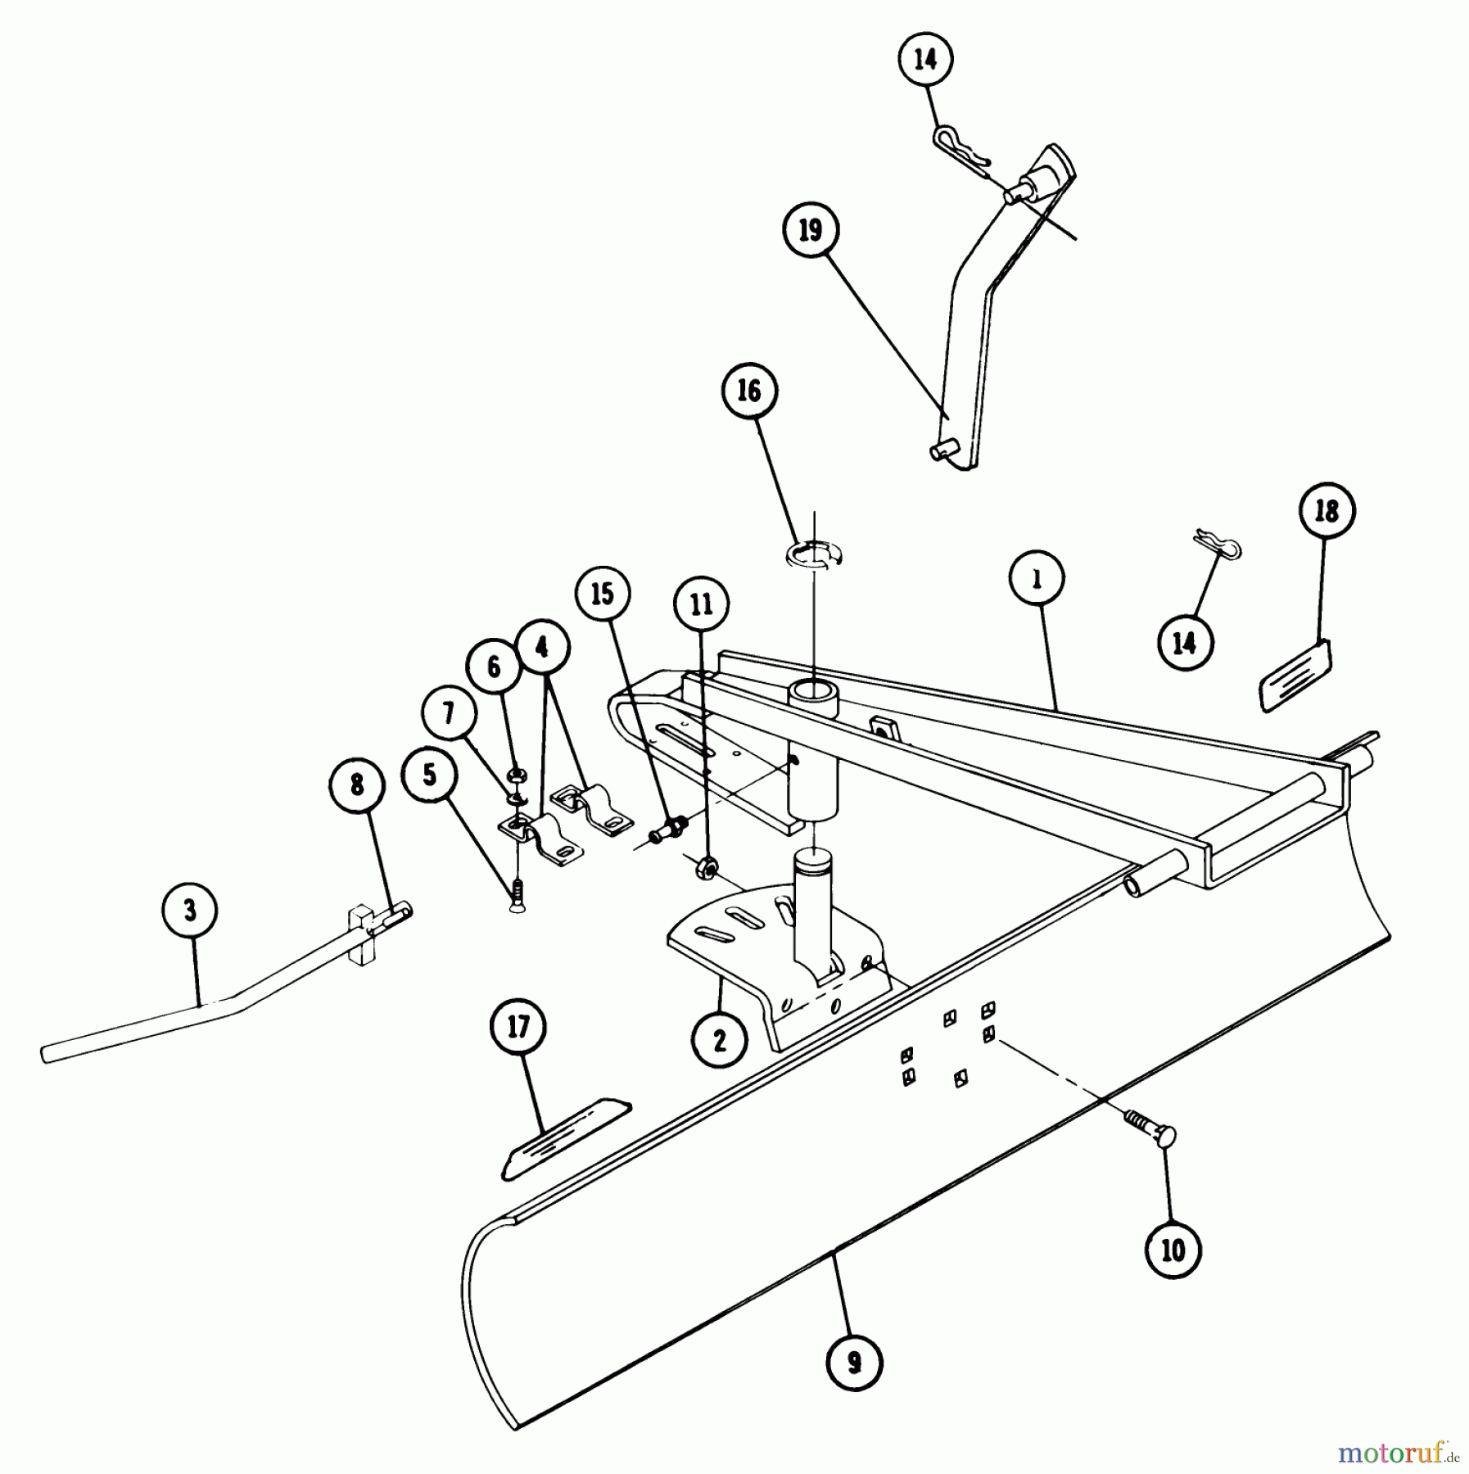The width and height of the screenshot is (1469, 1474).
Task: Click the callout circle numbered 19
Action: pos(810,230)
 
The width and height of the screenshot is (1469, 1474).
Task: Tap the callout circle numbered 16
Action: pos(749,391)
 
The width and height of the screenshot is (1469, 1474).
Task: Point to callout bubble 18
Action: pos(1327,510)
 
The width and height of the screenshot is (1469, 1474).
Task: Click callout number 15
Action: pos(603,594)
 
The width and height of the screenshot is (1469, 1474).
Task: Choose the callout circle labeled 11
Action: pos(702,604)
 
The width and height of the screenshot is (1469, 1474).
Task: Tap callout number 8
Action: pos(357,786)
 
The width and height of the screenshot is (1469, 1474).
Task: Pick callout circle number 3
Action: pos(190,911)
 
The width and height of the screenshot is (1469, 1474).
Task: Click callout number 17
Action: pos(519,1027)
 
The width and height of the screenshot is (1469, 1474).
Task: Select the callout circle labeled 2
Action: pos(720,1039)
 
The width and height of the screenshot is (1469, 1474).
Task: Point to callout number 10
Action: pos(1173,1250)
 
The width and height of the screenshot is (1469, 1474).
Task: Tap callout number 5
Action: pos(431,775)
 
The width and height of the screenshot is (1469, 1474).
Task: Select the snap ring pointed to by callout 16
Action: pos(816,554)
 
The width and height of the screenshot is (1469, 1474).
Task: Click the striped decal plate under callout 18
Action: pos(1295,676)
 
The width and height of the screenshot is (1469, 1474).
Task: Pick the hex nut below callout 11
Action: pos(706,866)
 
